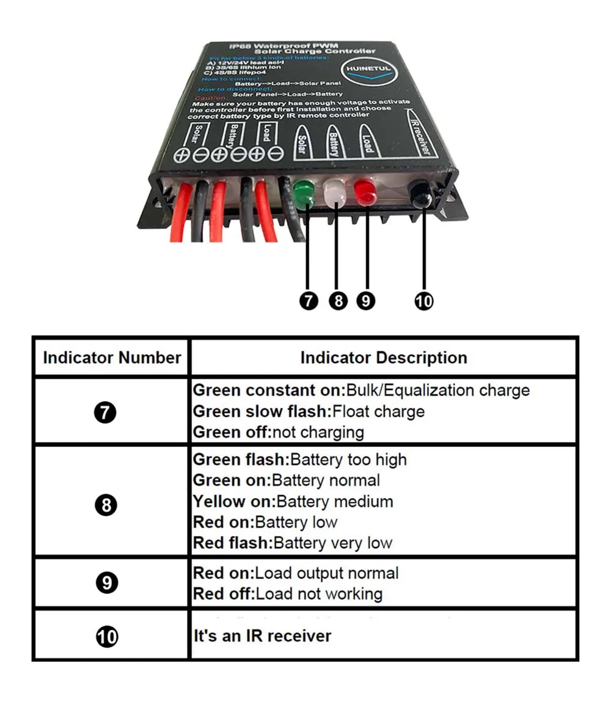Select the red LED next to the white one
pos(365,193)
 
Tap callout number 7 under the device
pos(309,300)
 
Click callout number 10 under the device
pos(423,300)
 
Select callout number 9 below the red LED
pos(365,300)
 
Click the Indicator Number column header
pos(112,358)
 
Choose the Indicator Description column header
pos(384,358)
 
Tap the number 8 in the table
pos(106,505)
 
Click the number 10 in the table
pos(107,637)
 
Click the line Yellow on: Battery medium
pos(293,502)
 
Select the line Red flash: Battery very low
pos(292,543)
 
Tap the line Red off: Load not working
pos(287,594)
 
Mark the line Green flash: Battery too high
pos(299,460)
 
